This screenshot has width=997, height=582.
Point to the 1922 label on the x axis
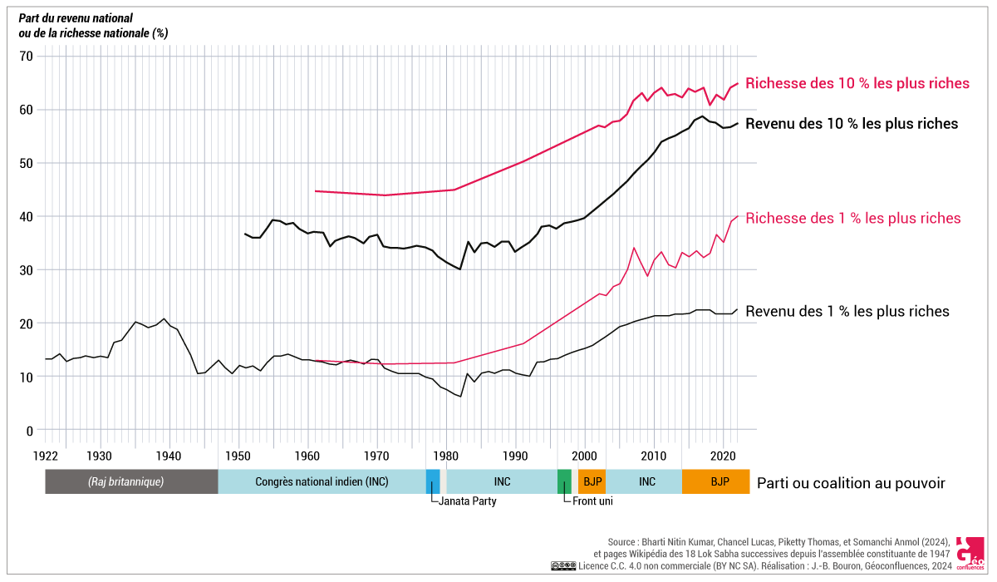point(46,456)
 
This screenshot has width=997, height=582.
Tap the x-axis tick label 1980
point(446,456)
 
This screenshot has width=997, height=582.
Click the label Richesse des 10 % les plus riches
point(857,83)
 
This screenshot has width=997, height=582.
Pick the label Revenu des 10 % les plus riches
point(852,124)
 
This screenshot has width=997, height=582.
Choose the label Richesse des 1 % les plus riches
point(853,219)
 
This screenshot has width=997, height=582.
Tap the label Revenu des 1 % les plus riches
point(847,312)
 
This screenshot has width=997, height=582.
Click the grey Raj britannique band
point(131,481)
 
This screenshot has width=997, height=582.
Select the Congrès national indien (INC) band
point(322,481)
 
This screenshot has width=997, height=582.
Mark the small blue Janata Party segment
point(433,481)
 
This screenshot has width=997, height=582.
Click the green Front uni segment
point(564,481)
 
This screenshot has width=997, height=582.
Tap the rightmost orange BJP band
point(715,481)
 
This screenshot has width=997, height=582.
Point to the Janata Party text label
point(468,501)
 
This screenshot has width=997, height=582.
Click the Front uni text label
point(592,501)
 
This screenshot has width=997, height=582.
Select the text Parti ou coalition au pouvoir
point(851,483)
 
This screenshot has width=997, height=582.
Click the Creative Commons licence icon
point(562,566)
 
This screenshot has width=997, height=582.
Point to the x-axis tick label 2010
point(653,456)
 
